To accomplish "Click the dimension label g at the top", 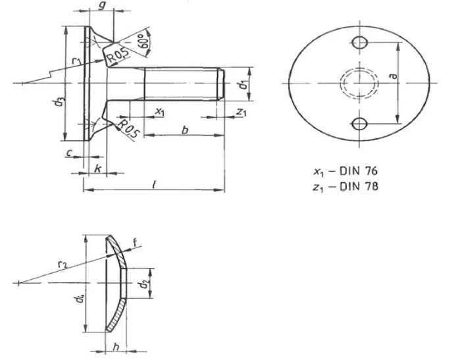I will [x=101, y=6].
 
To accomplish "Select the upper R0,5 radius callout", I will [x=119, y=59].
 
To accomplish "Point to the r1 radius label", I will [x=77, y=61].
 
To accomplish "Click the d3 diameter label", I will [x=60, y=103].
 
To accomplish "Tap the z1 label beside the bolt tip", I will [x=241, y=113].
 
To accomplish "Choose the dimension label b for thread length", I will [x=185, y=130].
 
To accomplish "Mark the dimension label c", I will [x=70, y=153].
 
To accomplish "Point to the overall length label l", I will [x=153, y=185].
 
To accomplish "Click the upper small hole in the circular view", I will [x=359, y=43].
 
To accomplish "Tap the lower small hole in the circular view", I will [x=359, y=123].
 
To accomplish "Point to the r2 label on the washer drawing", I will [x=62, y=264].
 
